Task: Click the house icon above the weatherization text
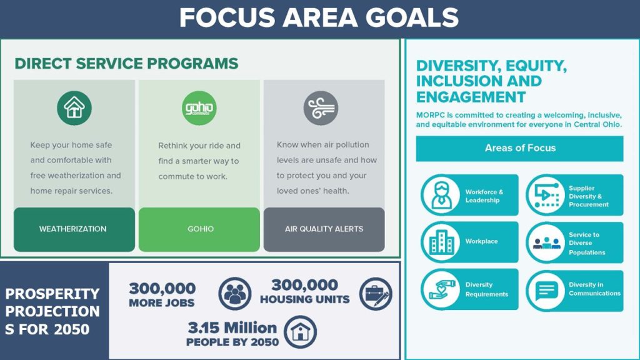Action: click(74, 107)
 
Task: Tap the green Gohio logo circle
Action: click(199, 107)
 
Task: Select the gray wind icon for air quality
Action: click(321, 107)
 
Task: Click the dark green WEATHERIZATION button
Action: click(74, 229)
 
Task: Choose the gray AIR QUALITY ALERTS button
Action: click(324, 229)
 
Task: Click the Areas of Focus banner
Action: click(519, 148)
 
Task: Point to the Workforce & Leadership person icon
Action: click(441, 195)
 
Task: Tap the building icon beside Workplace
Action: click(441, 242)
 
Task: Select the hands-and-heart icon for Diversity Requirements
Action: click(441, 289)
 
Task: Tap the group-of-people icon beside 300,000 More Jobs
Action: click(235, 293)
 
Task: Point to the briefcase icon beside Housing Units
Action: click(376, 294)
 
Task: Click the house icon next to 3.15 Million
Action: click(301, 332)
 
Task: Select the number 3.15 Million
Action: click(232, 327)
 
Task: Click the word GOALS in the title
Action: click(412, 18)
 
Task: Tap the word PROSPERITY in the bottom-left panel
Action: click(52, 294)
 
